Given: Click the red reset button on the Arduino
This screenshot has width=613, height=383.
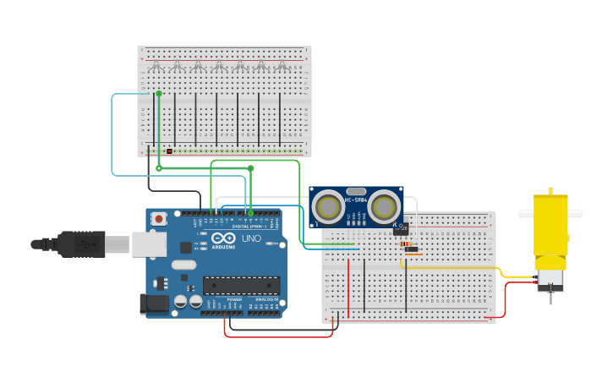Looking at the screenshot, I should click(158, 219).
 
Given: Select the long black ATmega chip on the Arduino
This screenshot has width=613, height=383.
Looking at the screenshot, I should click(241, 287).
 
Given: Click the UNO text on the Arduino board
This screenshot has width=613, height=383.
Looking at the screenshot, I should click(252, 239).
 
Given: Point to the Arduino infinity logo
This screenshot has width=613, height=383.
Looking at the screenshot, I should click(222, 239).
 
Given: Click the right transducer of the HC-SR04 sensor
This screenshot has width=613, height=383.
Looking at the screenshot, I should click(384, 205).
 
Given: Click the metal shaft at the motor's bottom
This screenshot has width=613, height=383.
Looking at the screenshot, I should click(550, 297).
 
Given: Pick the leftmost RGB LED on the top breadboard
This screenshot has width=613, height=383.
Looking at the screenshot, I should click(156, 66).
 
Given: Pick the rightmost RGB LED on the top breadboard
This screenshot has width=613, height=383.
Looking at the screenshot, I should click(281, 66).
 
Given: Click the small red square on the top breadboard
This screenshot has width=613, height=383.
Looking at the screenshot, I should click(169, 151).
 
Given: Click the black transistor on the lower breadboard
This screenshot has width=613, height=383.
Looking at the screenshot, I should click(401, 228).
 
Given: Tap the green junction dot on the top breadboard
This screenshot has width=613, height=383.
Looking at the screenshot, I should click(158, 94).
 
